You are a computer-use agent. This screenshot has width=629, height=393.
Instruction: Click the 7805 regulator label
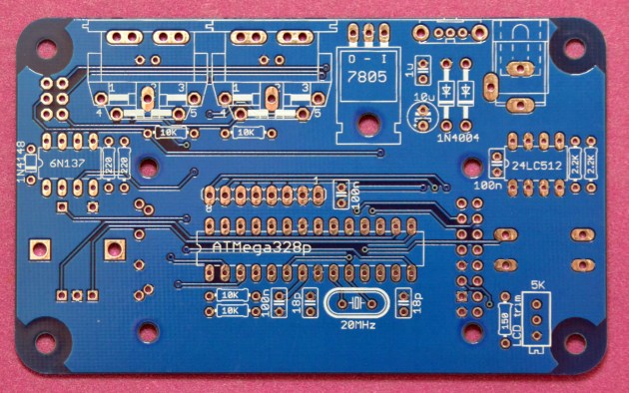tap(366, 86)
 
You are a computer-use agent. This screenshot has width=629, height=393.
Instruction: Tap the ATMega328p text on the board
tap(261, 244)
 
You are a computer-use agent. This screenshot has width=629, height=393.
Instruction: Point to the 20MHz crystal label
tap(356, 325)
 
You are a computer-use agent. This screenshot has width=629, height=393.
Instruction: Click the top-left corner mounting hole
tap(46, 45)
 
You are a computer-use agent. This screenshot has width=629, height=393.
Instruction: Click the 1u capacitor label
tap(409, 70)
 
